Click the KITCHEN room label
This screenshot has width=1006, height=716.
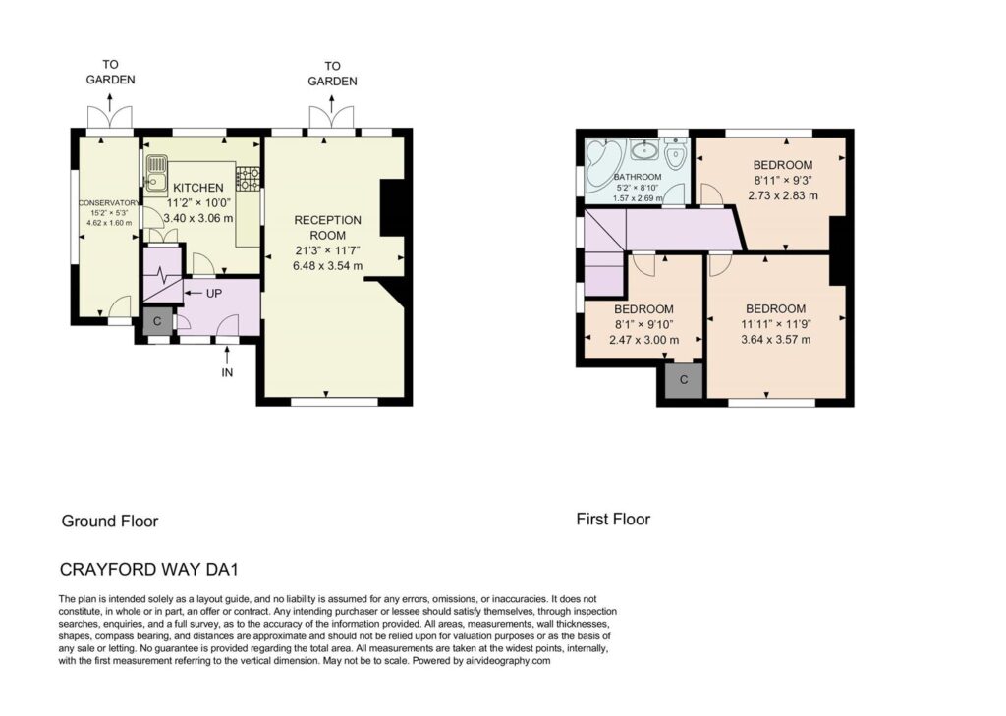coord(198,188)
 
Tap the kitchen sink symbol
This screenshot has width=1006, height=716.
coord(156,173)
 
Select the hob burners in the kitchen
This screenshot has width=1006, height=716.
coord(249,179)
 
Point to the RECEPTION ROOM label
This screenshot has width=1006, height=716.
coord(328,228)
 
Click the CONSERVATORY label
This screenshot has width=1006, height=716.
coord(108,202)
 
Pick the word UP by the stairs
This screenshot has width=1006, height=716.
coord(213,294)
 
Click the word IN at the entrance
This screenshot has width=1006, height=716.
coord(227,372)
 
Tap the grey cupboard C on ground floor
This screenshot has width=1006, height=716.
coord(157,321)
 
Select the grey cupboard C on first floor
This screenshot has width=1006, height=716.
coord(684,380)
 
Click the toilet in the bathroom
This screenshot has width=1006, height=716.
coord(676,152)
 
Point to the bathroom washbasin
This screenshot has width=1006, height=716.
coord(643,151)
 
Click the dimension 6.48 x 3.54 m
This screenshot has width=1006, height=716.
coord(328,265)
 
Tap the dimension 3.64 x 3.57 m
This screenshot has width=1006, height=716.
coord(776,340)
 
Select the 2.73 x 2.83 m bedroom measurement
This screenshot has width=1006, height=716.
coord(783,195)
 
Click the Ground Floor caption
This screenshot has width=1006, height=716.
coord(110,521)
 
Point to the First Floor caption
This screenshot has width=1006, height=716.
coord(613,519)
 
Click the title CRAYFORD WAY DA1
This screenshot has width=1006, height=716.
coord(149,569)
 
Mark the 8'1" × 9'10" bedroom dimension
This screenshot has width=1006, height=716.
coord(644,325)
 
